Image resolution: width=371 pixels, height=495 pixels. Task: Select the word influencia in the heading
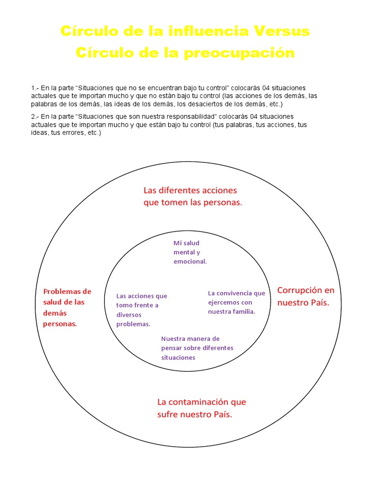coord(194,31)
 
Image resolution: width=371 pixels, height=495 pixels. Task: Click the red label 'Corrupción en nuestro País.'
coord(305,296)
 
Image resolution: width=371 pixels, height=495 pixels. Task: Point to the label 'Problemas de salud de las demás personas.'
coord(67,307)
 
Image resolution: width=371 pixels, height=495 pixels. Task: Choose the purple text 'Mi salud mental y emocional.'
coord(190,252)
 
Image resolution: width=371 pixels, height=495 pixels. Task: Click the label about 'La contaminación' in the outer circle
coord(201,408)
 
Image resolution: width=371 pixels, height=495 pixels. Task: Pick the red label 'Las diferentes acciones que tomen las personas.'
coord(192,196)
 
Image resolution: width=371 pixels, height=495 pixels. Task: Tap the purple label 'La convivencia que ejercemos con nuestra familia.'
coord(236,302)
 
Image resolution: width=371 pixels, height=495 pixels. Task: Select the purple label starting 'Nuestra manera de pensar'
coord(197,348)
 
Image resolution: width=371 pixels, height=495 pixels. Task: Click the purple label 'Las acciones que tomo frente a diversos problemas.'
coord(142,310)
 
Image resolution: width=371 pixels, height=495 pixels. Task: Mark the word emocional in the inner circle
coord(189,262)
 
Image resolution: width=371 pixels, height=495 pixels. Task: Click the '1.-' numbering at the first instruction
coord(35,88)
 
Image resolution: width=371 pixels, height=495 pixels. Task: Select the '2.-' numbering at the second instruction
coord(35,116)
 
